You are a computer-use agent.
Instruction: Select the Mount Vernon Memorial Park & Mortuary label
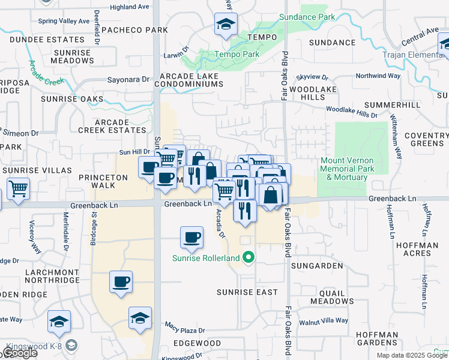click(348, 169)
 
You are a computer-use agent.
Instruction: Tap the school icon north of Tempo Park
click(226, 25)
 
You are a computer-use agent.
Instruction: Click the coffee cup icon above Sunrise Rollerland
click(191, 238)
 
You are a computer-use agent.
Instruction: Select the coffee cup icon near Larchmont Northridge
click(121, 281)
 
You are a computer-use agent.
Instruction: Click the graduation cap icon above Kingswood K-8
click(59, 322)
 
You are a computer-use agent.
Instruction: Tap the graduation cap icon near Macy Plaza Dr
click(140, 318)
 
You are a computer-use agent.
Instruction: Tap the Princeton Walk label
click(104, 181)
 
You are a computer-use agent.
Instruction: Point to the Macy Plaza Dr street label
click(185, 330)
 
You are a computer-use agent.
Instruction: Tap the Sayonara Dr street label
click(128, 79)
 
